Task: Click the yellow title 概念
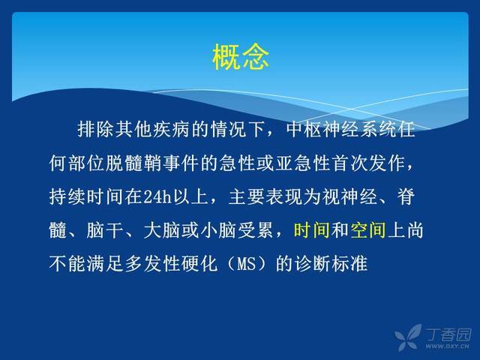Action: (241, 57)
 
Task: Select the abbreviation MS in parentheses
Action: (247, 263)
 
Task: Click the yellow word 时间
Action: (312, 230)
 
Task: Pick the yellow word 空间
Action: (367, 230)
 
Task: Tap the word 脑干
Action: (104, 230)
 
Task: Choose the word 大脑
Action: (162, 230)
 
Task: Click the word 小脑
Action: (218, 230)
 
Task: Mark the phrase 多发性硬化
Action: (171, 263)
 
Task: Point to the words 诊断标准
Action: (331, 263)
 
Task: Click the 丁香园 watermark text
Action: (448, 335)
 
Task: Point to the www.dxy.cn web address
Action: (447, 346)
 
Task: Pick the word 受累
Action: (256, 230)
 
